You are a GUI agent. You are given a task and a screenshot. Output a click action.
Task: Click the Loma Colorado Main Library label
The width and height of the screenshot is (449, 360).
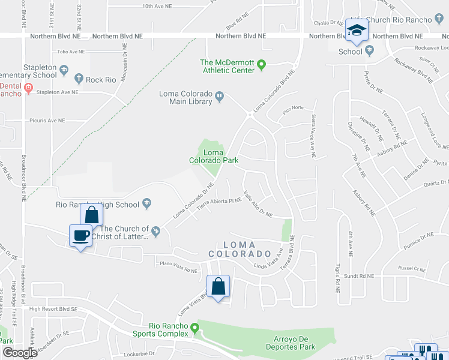(x=185, y=97)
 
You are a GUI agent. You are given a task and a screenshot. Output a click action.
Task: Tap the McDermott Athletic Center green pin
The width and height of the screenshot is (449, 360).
(x=262, y=64)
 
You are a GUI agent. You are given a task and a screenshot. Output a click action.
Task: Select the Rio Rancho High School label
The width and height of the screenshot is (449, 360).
(x=97, y=205)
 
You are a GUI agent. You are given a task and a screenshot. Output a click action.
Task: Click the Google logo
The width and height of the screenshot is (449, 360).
(x=19, y=353)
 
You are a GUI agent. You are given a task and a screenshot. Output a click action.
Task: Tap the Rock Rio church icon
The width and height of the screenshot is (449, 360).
(x=78, y=78)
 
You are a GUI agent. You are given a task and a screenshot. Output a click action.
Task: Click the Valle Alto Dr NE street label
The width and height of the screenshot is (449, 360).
(x=258, y=205)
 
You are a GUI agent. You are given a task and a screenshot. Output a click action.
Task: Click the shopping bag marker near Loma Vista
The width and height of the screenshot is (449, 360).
(x=218, y=286)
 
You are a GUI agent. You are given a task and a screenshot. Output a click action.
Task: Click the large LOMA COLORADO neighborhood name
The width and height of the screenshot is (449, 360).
(x=244, y=249)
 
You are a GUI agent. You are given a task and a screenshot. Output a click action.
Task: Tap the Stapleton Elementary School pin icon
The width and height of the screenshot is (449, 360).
(x=62, y=71)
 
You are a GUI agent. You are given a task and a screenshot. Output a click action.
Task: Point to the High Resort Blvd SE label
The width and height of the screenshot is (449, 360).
(x=53, y=309)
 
